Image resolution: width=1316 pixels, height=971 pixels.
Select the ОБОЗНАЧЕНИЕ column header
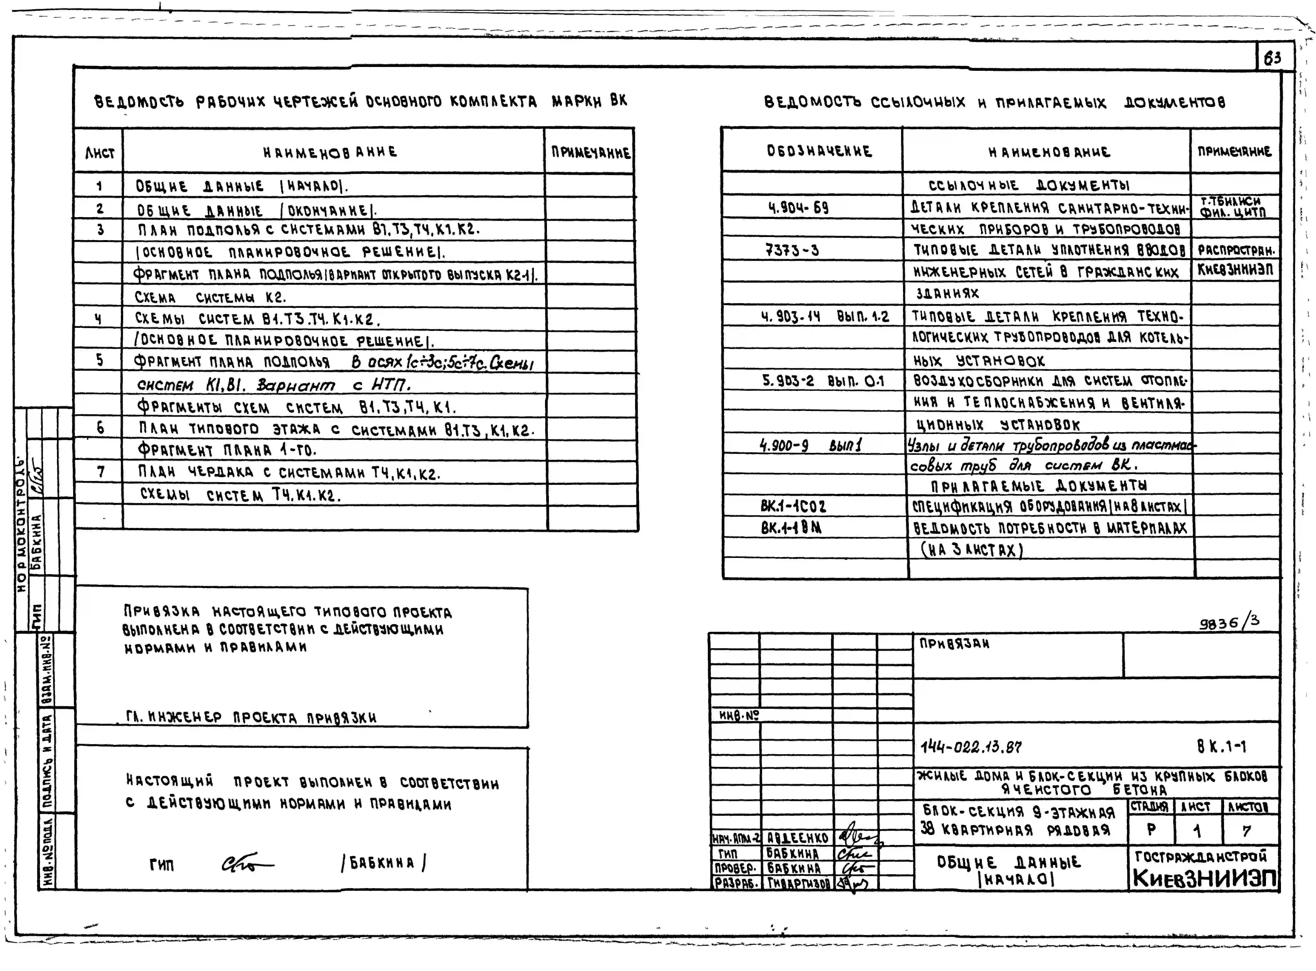pos(819,151)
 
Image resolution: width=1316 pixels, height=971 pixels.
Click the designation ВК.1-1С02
pos(793,506)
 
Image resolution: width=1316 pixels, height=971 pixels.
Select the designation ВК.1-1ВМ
pos(791,528)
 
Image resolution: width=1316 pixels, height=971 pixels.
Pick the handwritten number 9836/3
pos(1229,622)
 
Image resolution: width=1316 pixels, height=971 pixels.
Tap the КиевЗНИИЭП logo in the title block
pos(1204,878)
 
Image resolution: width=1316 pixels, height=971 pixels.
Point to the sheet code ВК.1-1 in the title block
pos(1221,746)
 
